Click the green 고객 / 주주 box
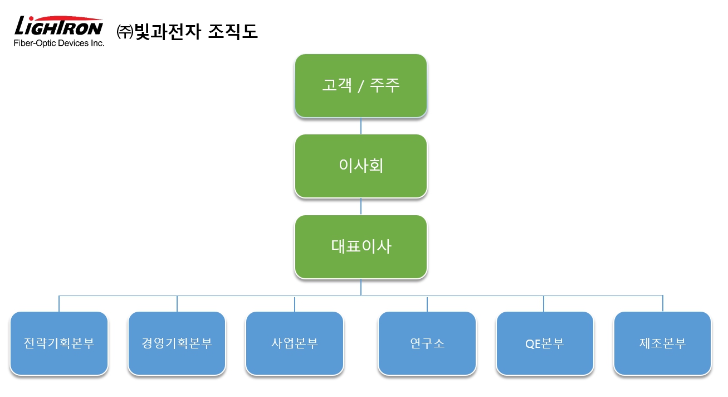click(361, 85)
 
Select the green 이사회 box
click(361, 166)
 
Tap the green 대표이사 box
click(361, 246)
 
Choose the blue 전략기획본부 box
click(59, 343)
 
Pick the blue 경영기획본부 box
click(177, 343)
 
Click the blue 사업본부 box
click(295, 343)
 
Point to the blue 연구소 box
click(427, 343)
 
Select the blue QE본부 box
click(545, 343)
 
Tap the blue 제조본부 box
click(662, 343)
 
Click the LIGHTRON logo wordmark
click(58, 26)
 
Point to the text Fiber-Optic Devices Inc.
click(59, 43)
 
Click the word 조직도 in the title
click(233, 31)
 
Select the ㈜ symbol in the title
click(125, 32)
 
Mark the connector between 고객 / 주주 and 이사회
click(361, 126)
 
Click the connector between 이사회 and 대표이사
click(361, 206)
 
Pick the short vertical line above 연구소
click(427, 304)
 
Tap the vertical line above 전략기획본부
click(59, 304)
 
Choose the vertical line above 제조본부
click(662, 304)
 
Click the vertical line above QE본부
click(544, 304)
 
